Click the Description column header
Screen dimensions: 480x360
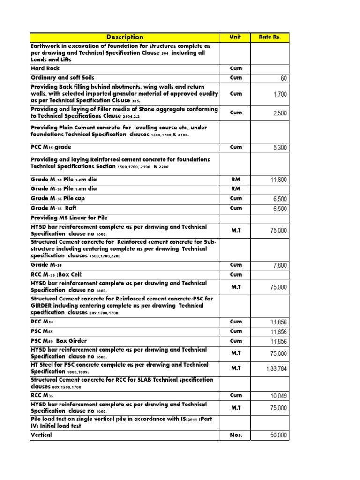125,37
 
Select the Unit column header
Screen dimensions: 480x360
235,37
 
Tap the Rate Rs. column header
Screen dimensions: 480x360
270,37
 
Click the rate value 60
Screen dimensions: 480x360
283,78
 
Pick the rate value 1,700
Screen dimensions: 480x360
279,94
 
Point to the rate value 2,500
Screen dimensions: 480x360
279,113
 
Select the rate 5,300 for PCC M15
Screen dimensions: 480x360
279,148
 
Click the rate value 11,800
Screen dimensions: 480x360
278,180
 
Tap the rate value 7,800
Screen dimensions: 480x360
279,266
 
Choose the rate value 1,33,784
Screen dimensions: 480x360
277,369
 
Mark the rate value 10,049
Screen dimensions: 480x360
278,396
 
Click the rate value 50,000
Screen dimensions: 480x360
278,436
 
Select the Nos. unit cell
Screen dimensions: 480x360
236,435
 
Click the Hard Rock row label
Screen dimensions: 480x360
45,68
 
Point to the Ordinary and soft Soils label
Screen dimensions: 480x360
62,78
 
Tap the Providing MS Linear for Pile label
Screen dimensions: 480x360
69,218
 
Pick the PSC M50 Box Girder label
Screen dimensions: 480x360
59,341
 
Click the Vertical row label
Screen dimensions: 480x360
42,435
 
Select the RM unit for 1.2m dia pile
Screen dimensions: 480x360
236,179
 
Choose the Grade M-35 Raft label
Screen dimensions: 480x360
53,208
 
